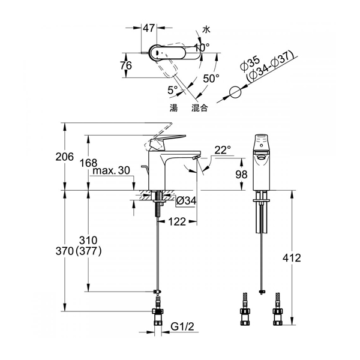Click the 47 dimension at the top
[x=149, y=28]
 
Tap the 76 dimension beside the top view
[x=126, y=65]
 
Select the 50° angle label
[x=211, y=79]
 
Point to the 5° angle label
[x=173, y=90]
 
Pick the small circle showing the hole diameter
[x=235, y=93]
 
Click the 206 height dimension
[x=65, y=157]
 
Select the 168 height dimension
[x=88, y=163]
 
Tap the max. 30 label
[x=112, y=170]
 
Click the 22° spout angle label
[x=223, y=150]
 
